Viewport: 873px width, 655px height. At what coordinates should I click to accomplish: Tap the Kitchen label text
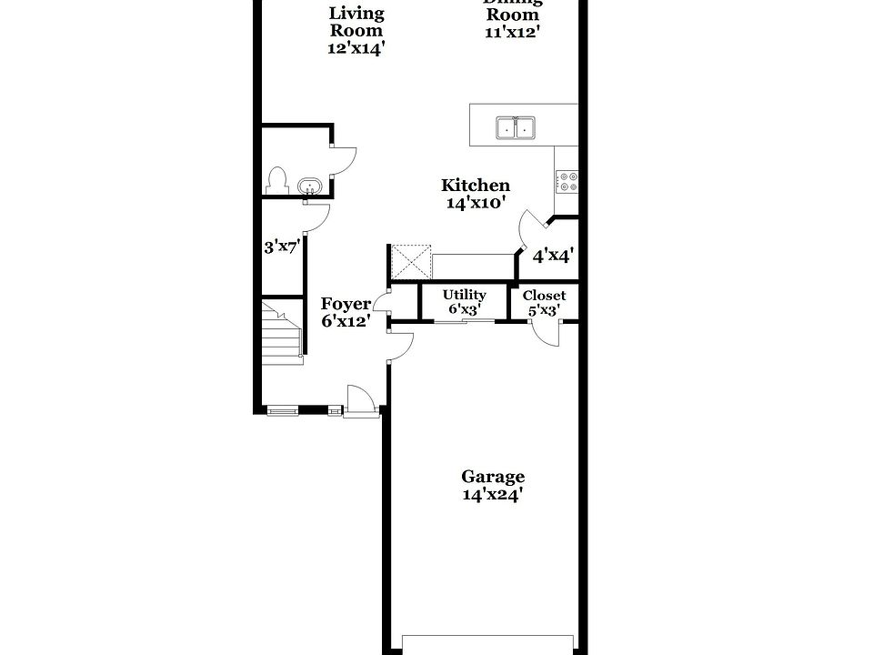(x=476, y=186)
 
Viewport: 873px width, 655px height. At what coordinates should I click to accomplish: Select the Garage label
(x=493, y=477)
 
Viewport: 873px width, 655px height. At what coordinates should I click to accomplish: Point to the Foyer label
(x=346, y=304)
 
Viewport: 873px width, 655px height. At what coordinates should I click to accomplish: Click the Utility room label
(x=464, y=295)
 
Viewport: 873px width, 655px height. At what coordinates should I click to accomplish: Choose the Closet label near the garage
(x=544, y=295)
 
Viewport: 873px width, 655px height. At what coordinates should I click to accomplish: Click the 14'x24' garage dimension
(x=493, y=495)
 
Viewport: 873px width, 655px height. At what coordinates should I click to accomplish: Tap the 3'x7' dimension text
(x=281, y=246)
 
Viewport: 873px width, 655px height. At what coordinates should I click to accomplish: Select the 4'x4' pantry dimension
(x=553, y=256)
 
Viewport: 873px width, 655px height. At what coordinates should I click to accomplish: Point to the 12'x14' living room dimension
(x=356, y=48)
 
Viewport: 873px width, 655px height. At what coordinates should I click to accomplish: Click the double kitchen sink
(x=515, y=128)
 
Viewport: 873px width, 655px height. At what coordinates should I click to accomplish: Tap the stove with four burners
(x=567, y=182)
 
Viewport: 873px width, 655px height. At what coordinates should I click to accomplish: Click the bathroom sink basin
(x=309, y=186)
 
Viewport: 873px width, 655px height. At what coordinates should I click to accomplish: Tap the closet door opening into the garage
(x=545, y=333)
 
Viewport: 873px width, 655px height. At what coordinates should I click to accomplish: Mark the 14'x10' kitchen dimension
(x=476, y=203)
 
